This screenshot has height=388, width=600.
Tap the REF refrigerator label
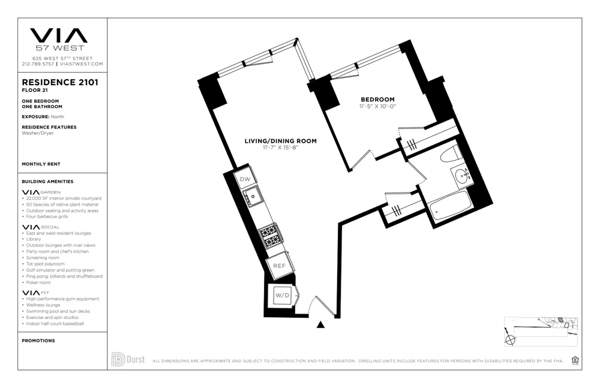point(279,266)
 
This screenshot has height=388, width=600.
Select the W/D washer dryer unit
point(281,295)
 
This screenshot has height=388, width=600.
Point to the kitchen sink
point(253,196)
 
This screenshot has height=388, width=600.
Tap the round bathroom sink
point(461,176)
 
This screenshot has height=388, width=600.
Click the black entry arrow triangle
point(321,325)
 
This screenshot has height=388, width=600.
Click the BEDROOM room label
point(377,100)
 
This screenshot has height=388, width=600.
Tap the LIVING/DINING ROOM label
point(280,142)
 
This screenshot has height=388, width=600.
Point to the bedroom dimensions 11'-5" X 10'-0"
point(377,106)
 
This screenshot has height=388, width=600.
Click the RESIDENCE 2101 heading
point(60,83)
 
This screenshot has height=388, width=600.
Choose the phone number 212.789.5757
point(38,64)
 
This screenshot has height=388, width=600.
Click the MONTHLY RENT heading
point(41,164)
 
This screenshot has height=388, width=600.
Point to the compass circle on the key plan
point(511,339)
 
